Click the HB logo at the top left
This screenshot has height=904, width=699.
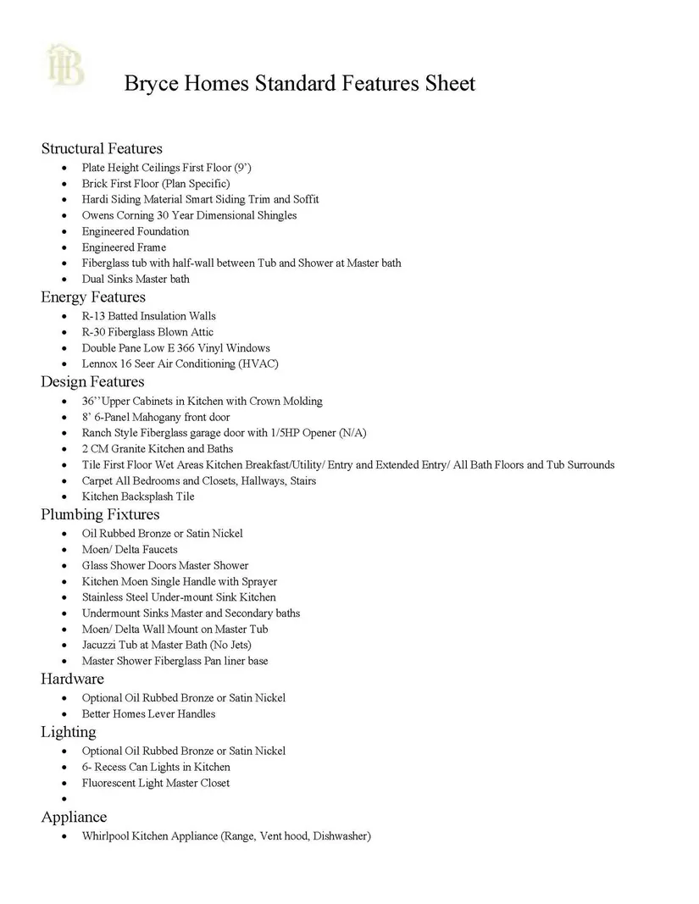point(66,65)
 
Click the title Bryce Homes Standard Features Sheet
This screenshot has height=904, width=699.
point(299,83)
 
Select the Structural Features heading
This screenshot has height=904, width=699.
point(102,148)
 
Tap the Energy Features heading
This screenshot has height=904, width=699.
point(93,297)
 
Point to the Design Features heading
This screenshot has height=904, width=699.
point(92,381)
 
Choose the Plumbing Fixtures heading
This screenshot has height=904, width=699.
point(100,514)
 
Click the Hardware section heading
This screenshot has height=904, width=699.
point(72,679)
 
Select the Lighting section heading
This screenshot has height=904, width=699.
point(69,731)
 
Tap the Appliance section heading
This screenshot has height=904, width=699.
point(74,817)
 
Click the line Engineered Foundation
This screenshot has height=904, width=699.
point(136,231)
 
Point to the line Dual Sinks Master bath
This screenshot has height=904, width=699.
point(136,279)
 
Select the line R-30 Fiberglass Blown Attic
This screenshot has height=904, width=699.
point(147,332)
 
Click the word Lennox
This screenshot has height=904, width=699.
point(99,363)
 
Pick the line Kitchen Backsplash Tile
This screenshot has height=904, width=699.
point(138,496)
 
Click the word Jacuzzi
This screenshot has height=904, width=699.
point(100,645)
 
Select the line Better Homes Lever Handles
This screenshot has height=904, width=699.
point(148,713)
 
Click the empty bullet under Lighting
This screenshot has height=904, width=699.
point(65,800)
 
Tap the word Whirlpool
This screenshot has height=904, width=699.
point(105,836)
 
